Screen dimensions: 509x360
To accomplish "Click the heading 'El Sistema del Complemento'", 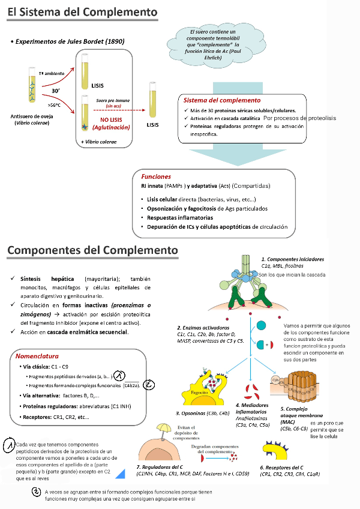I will (x=83, y=13).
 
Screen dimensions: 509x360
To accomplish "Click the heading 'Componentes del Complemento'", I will (x=92, y=249).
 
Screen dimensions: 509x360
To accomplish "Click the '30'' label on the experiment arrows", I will (x=55, y=91).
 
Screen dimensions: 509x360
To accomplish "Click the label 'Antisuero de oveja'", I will (x=31, y=116).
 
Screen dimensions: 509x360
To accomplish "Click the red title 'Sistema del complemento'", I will (x=222, y=100).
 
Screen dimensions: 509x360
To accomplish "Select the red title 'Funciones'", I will (x=156, y=177).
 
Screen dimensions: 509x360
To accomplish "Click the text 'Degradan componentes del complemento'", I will (x=217, y=451).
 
